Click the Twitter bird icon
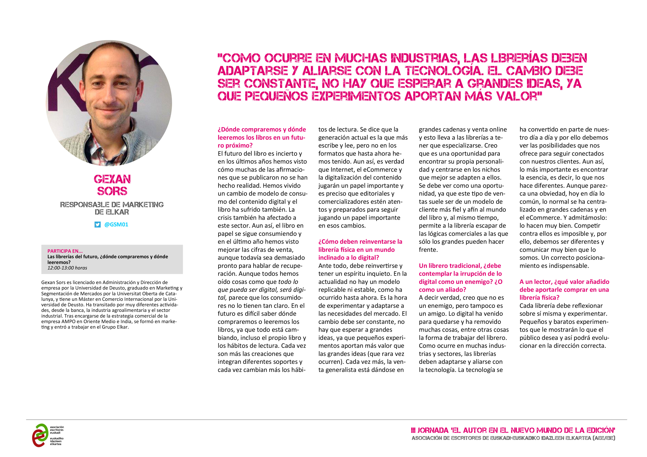[x=98, y=224]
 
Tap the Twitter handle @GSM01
[x=116, y=224]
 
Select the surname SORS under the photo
[x=112, y=191]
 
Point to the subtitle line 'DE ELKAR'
[x=112, y=212]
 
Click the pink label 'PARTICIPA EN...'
[x=65, y=251]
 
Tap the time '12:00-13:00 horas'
[x=67, y=268]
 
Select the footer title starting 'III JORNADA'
[x=513, y=430]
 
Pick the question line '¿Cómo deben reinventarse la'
[x=360, y=242]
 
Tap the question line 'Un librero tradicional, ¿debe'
[x=460, y=266]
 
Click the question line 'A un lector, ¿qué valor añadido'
[x=564, y=282]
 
